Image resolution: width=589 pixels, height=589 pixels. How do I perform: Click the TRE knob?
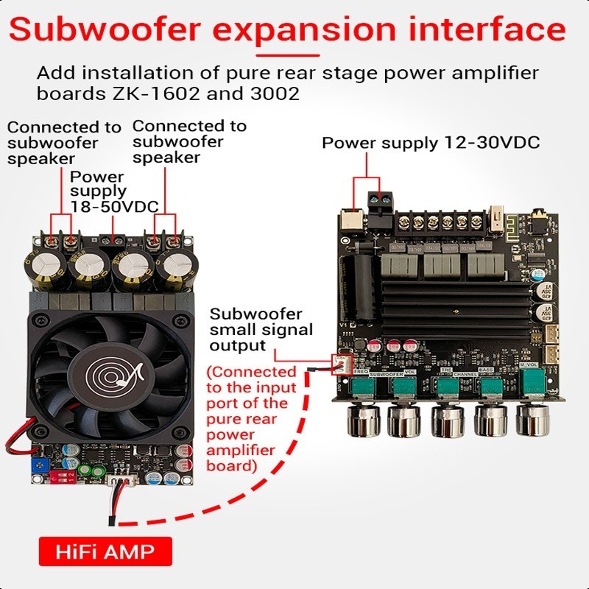[x=446, y=420]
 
